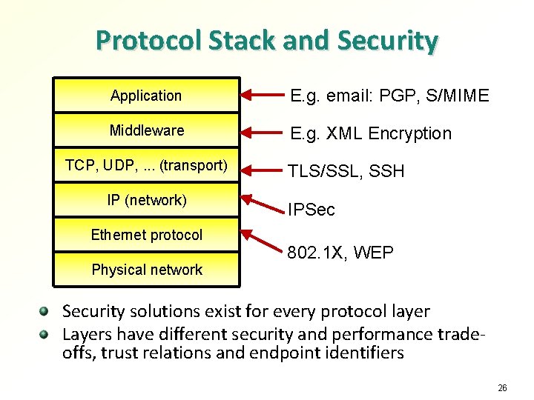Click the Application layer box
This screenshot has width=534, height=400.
pyautogui.click(x=146, y=96)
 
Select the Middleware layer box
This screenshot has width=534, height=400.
pyautogui.click(x=146, y=131)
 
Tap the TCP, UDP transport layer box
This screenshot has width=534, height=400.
pyautogui.click(x=146, y=165)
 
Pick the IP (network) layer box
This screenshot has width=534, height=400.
pyautogui.click(x=146, y=200)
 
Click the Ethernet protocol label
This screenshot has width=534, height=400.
pyautogui.click(x=146, y=236)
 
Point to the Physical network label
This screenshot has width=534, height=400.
pyautogui.click(x=146, y=270)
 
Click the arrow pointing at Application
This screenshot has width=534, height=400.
pyautogui.click(x=264, y=96)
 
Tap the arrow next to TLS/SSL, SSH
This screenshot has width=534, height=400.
pyautogui.click(x=264, y=169)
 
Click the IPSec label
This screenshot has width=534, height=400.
pyautogui.click(x=311, y=210)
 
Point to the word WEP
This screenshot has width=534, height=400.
pyautogui.click(x=373, y=253)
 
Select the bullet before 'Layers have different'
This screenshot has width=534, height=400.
pyautogui.click(x=46, y=333)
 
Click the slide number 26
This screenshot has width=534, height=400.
pyautogui.click(x=502, y=387)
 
